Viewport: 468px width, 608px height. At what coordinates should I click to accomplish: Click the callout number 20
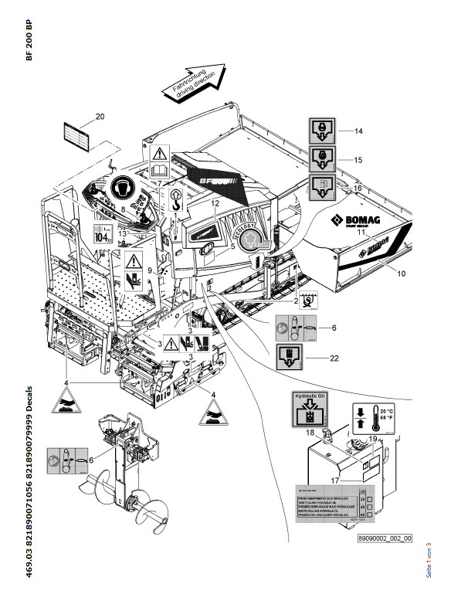point(100,117)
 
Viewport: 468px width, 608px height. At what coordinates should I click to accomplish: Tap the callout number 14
point(358,131)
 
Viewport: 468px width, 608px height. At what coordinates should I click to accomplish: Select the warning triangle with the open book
point(159,159)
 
